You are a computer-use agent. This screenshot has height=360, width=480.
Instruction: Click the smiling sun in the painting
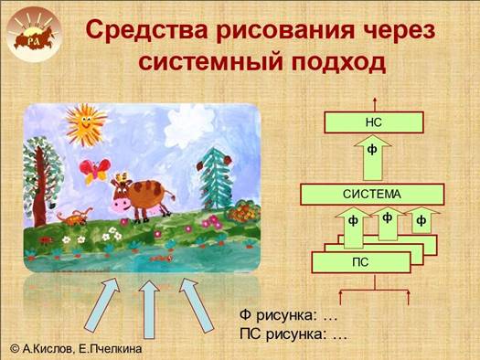85,123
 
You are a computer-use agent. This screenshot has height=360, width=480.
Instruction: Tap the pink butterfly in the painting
94,171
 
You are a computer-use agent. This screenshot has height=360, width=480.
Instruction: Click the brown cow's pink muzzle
120,203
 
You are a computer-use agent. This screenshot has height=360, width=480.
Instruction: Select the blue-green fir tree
216,178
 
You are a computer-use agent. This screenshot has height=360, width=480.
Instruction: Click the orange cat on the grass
74,217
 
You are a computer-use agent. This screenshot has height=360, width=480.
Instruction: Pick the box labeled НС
374,122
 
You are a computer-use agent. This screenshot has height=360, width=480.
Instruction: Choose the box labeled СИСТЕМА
372,195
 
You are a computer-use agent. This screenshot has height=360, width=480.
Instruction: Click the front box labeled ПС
361,262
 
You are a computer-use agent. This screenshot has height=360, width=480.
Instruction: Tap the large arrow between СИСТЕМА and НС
372,158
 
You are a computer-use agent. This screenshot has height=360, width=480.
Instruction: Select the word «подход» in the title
338,63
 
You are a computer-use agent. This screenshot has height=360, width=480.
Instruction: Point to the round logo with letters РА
34,35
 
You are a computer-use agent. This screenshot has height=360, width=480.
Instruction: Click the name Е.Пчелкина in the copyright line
111,349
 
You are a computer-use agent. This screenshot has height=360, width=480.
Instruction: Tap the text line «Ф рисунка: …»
288,315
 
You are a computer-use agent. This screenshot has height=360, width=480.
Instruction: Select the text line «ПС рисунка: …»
293,334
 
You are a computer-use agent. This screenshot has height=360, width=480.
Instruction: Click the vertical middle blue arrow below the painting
149,310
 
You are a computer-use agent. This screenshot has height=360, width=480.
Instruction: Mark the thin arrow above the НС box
374,104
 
